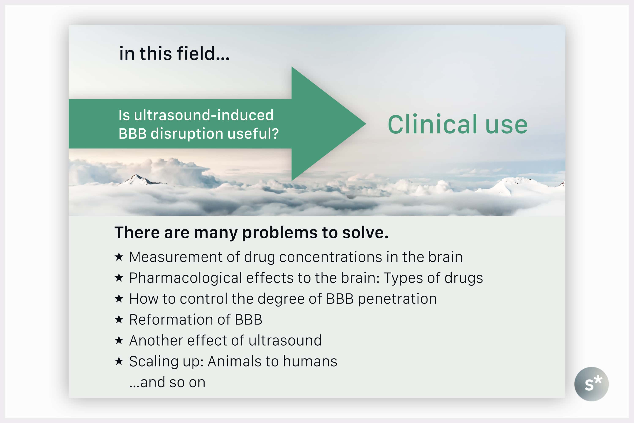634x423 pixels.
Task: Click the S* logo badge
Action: [x=591, y=384]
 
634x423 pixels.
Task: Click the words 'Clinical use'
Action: [x=458, y=124]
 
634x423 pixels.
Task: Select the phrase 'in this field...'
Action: [x=174, y=54]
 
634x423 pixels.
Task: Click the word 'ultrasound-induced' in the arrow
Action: [x=204, y=115]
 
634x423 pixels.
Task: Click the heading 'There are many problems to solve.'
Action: [x=251, y=232]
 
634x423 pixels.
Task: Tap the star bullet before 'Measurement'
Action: [x=119, y=257]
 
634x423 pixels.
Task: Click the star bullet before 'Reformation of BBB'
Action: [x=119, y=320]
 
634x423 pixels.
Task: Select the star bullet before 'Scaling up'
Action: [x=119, y=361]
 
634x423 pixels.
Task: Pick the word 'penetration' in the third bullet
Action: [x=397, y=299]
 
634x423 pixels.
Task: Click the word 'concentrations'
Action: [x=331, y=257]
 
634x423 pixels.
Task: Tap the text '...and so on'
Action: [x=167, y=382]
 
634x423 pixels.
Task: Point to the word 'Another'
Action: [x=156, y=341]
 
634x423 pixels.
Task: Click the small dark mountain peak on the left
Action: [x=138, y=179]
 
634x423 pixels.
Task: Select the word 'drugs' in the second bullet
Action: [x=463, y=278]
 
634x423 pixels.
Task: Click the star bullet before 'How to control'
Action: [x=119, y=299]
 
